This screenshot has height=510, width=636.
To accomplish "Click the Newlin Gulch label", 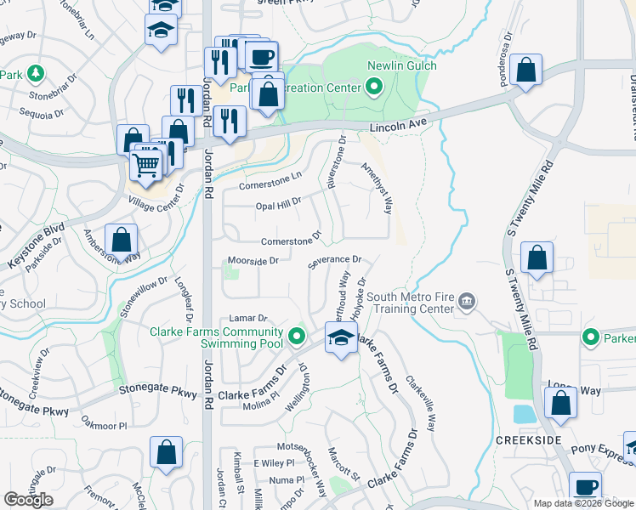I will (x=401, y=66).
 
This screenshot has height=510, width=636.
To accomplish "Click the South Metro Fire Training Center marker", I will (x=467, y=301).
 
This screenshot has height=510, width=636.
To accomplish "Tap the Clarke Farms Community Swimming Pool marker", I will (x=296, y=337).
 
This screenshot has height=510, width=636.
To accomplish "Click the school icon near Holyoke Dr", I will (x=341, y=338).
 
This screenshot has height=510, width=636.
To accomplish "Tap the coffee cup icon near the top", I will (x=261, y=57).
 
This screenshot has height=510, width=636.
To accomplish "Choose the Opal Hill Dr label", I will (x=279, y=202).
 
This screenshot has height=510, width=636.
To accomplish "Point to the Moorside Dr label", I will (x=253, y=261).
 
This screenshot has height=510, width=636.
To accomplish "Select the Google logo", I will (x=28, y=500).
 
